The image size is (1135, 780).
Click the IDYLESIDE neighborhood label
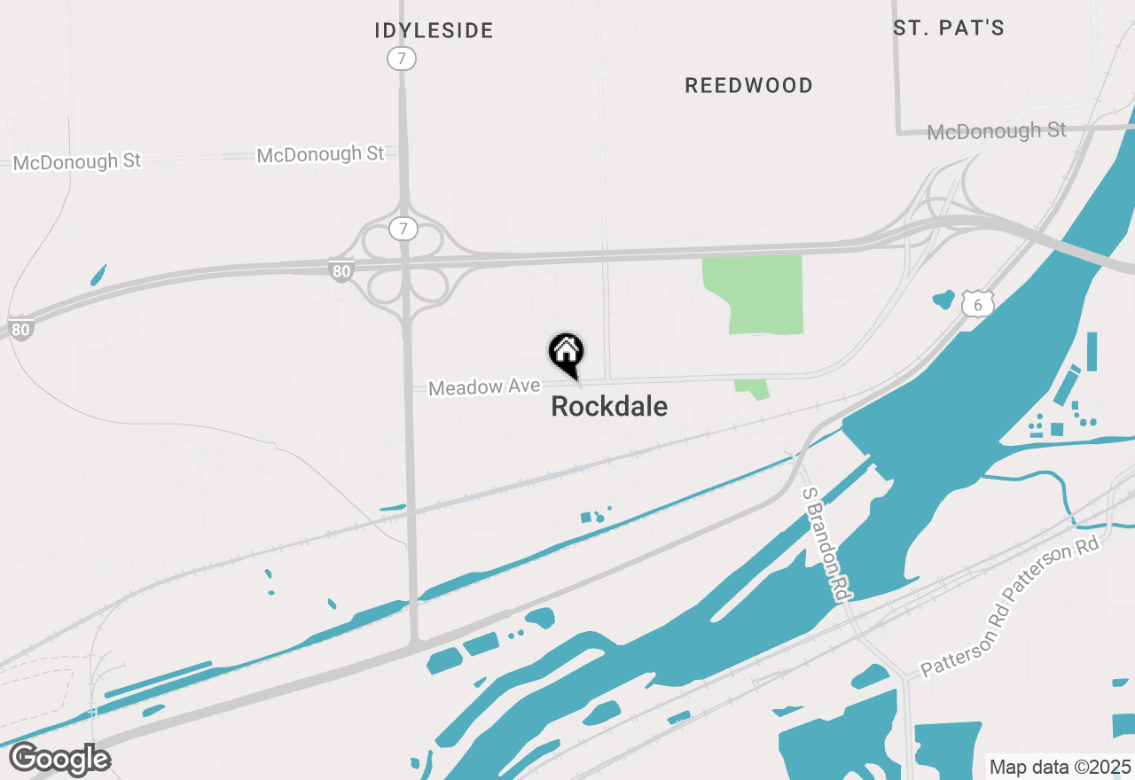434,31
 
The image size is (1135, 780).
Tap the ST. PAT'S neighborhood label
949,28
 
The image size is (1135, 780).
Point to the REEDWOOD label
749,86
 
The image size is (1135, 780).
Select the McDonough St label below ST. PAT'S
997,132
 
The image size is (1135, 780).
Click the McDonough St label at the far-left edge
77,161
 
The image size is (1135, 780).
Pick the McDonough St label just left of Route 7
321,155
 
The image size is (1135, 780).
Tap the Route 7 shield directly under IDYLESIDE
402,59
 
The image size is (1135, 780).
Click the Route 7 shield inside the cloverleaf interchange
403,230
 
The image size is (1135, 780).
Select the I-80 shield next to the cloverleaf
341,271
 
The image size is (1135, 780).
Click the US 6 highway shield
978,305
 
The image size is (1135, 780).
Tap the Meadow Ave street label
484,387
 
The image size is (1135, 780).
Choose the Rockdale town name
609,407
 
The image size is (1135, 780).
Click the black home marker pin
566,354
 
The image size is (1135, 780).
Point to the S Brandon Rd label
821,545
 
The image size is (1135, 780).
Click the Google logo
60,760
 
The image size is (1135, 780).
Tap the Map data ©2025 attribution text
1060,767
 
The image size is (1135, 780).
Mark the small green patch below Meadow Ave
752,388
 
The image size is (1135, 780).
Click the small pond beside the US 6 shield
943,300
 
